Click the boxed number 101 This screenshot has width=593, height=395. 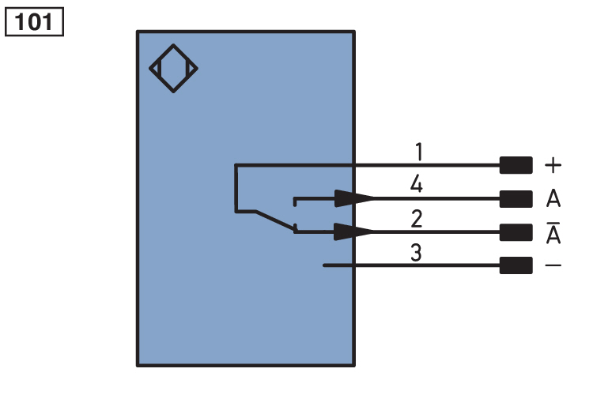34,21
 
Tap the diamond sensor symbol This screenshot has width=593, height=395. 173,68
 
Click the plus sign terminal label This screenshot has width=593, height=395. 553,166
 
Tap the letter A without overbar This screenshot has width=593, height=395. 553,198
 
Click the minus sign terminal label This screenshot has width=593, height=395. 553,265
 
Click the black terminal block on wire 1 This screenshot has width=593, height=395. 516,165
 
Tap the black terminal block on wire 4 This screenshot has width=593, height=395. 516,198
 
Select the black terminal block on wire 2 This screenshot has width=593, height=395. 516,231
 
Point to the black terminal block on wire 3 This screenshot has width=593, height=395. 516,265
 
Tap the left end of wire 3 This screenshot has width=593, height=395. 324,265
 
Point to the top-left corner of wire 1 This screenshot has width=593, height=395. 236,165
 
